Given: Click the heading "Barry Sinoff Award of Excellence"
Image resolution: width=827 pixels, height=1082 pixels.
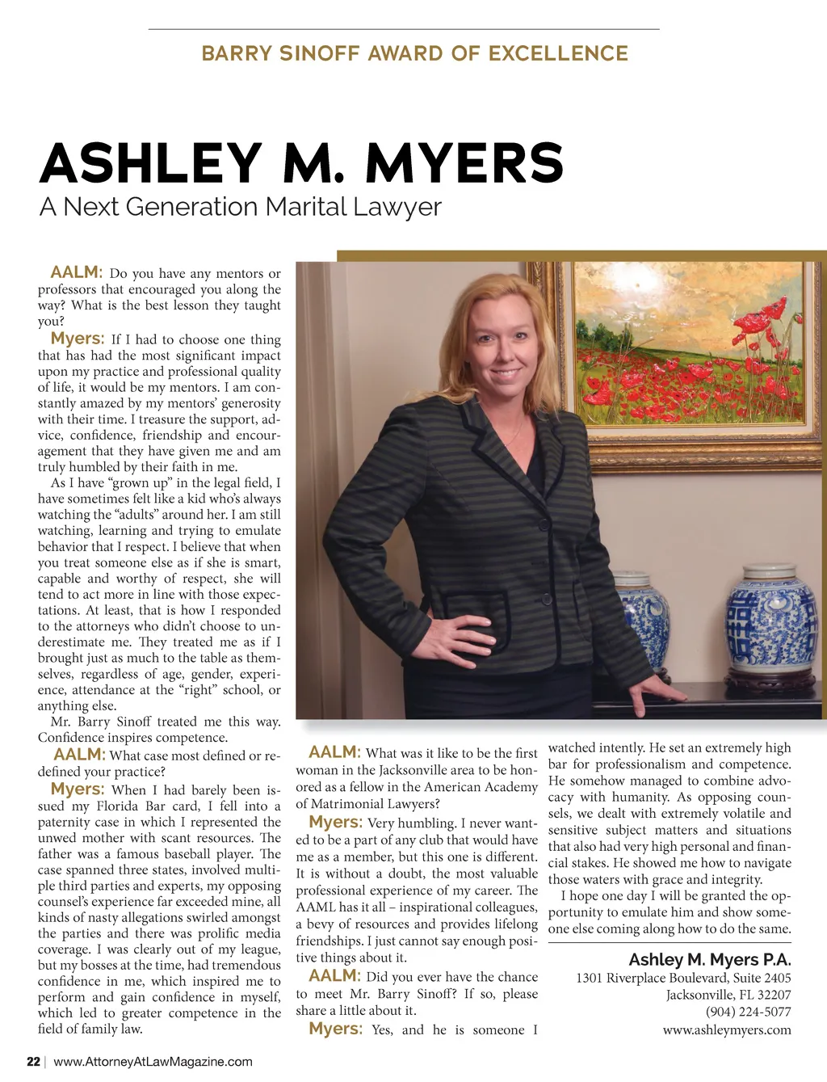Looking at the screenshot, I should click(x=414, y=54).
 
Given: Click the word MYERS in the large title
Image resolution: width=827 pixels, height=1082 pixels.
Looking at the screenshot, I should click(x=464, y=164).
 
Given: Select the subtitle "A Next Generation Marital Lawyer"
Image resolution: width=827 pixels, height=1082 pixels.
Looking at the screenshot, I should click(x=240, y=207).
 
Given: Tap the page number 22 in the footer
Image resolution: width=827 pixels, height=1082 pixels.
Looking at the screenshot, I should click(x=33, y=1062).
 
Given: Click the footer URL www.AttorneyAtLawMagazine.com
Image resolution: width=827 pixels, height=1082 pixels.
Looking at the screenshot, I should click(x=153, y=1062).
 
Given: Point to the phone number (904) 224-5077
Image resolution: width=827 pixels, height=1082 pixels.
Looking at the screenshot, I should click(x=748, y=1012).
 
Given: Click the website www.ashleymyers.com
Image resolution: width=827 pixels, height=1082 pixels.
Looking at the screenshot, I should click(x=726, y=1029).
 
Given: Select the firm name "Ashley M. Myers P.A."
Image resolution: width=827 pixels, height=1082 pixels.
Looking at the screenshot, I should click(x=709, y=960).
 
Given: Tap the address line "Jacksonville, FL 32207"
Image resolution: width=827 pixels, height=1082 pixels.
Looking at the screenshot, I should click(x=728, y=995).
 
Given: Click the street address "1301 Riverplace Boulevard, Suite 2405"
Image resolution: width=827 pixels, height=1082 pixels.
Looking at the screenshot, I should click(x=683, y=978).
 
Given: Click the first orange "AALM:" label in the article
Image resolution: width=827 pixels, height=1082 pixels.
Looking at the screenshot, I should click(x=76, y=272).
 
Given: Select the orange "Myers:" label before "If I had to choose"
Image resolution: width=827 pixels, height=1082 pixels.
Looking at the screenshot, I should click(x=77, y=339).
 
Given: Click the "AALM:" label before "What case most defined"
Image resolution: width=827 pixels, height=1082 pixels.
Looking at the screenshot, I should click(x=79, y=755).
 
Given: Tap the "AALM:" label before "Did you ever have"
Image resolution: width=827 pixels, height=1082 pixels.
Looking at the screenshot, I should click(x=334, y=976).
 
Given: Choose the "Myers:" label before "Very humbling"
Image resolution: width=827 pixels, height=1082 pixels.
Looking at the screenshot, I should click(x=334, y=822).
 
